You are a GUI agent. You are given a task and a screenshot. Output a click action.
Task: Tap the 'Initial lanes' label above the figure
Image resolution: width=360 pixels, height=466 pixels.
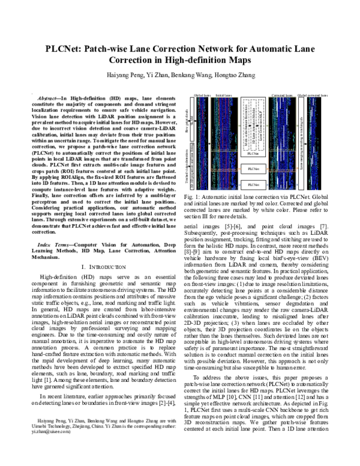[x=224, y=95]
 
